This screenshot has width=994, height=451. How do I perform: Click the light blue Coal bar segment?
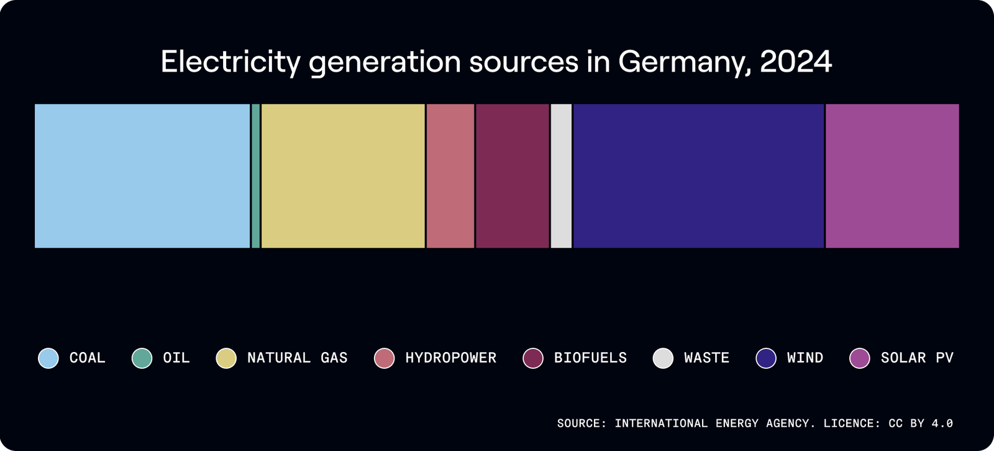click(142, 176)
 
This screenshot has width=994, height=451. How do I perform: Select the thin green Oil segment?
click(255, 176)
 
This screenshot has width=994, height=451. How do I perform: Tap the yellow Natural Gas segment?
click(343, 176)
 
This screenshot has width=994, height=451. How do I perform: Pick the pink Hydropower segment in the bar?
click(450, 176)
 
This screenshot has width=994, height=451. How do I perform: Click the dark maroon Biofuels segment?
click(513, 176)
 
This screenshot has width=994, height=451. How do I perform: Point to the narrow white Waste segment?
click(561, 176)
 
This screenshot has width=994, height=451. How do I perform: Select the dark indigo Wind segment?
click(698, 176)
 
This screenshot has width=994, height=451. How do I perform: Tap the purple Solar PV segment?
click(892, 176)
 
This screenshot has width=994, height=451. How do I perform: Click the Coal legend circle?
click(48, 358)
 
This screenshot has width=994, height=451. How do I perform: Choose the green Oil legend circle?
click(142, 358)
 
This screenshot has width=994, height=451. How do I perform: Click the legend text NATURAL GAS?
click(297, 358)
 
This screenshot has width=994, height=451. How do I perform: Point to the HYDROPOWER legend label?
click(450, 358)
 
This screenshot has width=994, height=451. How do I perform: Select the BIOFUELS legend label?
click(590, 358)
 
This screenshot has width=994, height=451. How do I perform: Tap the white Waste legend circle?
click(663, 358)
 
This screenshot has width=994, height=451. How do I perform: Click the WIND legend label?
click(805, 358)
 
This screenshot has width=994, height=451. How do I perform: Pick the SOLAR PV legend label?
click(916, 358)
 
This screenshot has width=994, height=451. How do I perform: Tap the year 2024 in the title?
click(795, 62)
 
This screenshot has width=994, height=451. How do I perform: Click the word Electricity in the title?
click(230, 62)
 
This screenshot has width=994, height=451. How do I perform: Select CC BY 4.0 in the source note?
click(920, 424)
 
